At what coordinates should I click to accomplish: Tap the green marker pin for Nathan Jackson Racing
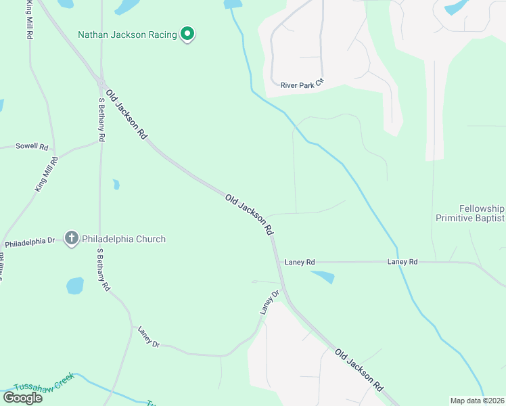click(x=187, y=34)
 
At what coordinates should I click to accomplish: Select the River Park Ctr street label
click(x=303, y=85)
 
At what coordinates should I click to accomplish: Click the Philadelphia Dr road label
click(x=29, y=242)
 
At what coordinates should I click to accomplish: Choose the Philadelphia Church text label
click(x=124, y=239)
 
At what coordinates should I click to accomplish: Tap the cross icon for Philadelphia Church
click(x=72, y=238)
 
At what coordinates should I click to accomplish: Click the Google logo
click(x=23, y=397)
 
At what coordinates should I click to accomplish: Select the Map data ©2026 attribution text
click(x=477, y=401)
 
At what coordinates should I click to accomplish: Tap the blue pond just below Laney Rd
click(x=323, y=277)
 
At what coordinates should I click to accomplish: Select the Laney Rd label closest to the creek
click(x=402, y=262)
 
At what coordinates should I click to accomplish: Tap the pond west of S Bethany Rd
click(x=75, y=286)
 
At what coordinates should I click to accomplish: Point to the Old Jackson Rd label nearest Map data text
click(x=359, y=370)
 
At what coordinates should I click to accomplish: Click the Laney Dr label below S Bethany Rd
click(x=148, y=337)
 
